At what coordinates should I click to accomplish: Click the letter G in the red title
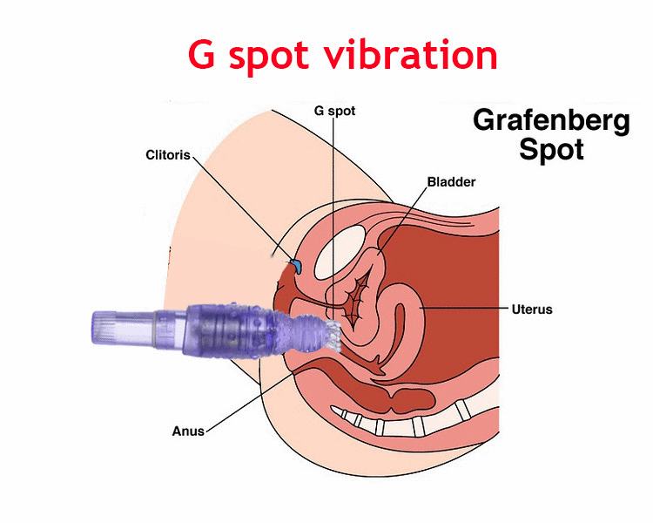(x=203, y=54)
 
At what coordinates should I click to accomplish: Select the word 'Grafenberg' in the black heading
(x=550, y=120)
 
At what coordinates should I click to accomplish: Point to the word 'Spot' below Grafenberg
(x=551, y=149)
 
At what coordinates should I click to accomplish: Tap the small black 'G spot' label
(x=333, y=111)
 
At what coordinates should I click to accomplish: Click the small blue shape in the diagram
(x=295, y=263)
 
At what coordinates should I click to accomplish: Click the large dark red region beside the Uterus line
(x=461, y=349)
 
